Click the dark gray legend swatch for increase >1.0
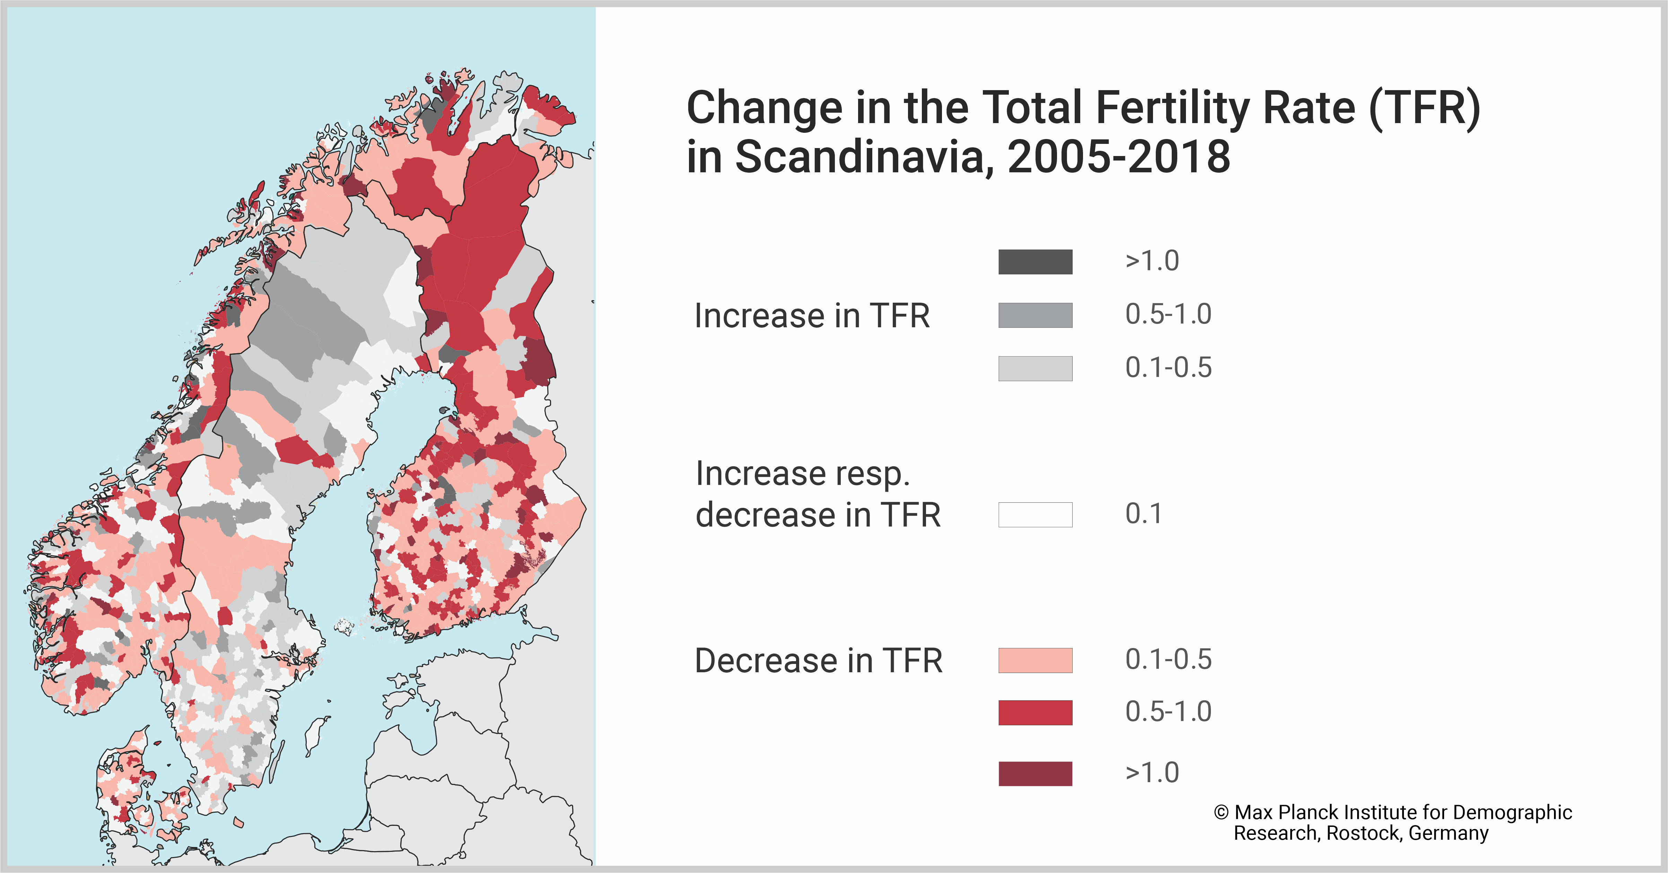coord(1035,262)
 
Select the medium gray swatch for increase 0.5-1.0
coord(1035,315)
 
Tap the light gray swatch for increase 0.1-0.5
coord(1035,368)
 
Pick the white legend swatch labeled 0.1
coord(1035,514)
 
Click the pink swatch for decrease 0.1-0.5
coord(1035,660)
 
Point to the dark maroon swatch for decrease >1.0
coord(1035,773)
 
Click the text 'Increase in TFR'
coord(811,316)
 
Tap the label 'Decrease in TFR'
coord(818,661)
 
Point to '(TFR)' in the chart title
coord(1424,107)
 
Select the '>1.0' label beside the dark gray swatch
coord(1152,261)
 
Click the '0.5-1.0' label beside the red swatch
coord(1168,712)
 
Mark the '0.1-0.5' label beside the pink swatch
coord(1168,659)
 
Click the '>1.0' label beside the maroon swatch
coord(1152,772)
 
